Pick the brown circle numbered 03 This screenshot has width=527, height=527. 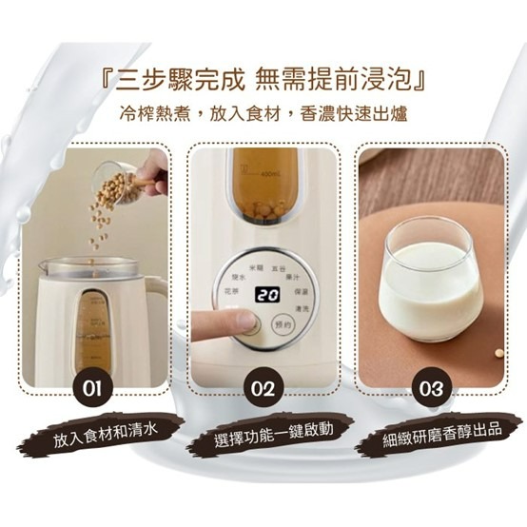431,388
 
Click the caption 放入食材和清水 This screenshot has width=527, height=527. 106,433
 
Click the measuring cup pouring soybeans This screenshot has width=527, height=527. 118,181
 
